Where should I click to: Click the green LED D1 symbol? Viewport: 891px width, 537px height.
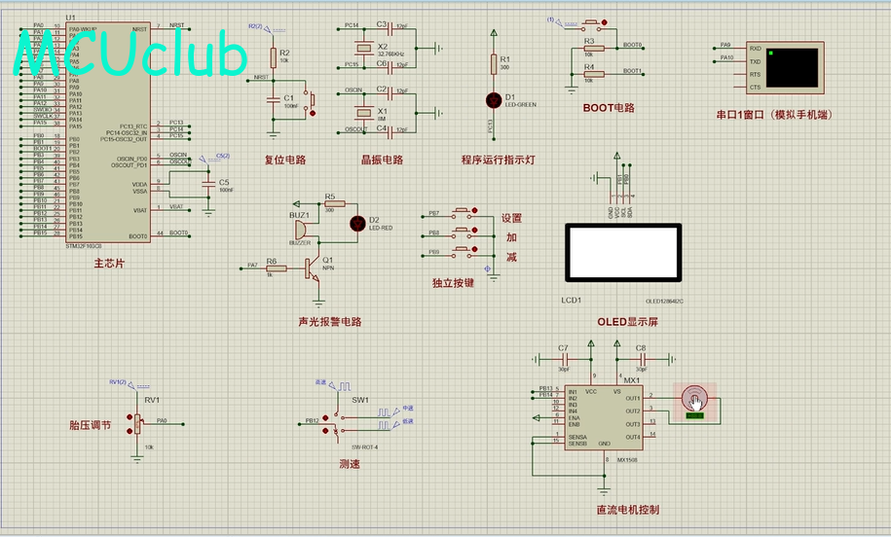(x=493, y=98)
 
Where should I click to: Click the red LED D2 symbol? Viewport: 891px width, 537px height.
(x=356, y=223)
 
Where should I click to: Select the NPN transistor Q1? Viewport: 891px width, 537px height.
(x=312, y=266)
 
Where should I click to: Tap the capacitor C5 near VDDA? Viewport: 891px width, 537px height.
(x=207, y=182)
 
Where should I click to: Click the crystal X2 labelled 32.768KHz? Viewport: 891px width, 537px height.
(x=364, y=48)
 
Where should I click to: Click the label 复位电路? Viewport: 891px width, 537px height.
(x=285, y=160)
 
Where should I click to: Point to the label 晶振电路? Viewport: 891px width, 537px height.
(x=382, y=160)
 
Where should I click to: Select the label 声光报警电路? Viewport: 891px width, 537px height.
(x=329, y=321)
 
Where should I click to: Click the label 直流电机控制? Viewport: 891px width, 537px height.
(x=628, y=510)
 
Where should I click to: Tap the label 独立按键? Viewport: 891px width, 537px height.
(x=453, y=283)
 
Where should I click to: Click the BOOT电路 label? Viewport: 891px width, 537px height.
(x=609, y=108)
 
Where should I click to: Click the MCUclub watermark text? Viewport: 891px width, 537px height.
(x=131, y=55)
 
